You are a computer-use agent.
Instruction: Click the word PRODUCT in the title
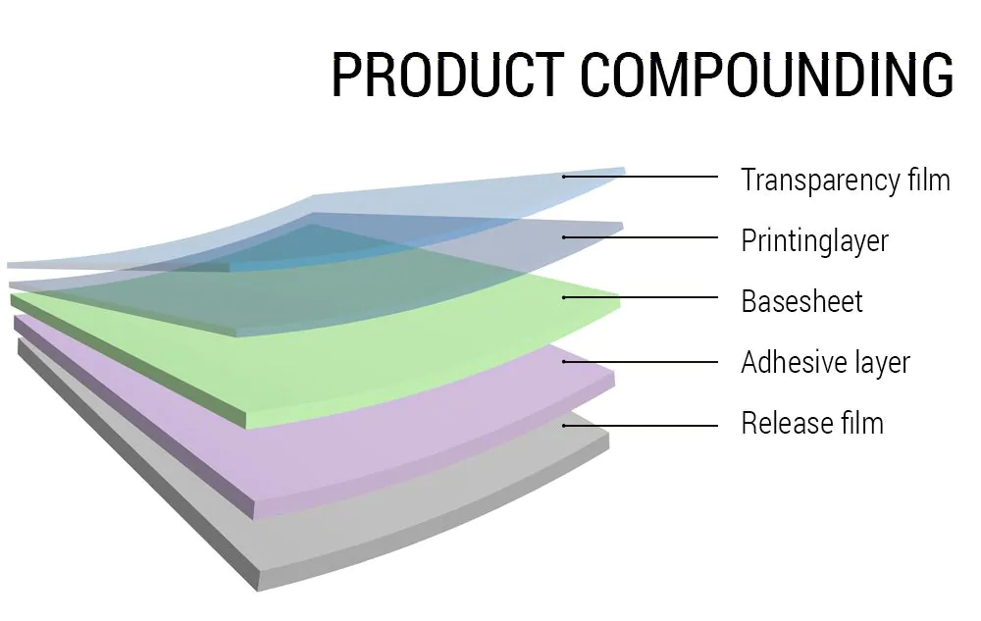tap(448, 75)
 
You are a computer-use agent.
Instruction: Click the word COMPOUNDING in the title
tap(767, 75)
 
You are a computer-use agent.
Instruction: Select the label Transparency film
tap(846, 181)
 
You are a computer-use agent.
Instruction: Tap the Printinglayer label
tap(814, 240)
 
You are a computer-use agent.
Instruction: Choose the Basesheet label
tap(802, 301)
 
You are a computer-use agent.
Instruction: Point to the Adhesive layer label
tap(825, 362)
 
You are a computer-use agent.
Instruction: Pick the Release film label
tap(812, 423)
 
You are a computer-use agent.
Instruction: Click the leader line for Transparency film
tap(640, 177)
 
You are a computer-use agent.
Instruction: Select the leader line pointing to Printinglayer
tap(640, 237)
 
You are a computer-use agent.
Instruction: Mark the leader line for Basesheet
tap(640, 297)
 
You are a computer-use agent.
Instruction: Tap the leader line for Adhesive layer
tap(640, 361)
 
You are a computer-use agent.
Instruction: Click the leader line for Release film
tap(640, 426)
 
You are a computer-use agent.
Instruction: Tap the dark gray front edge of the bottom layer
tap(137, 466)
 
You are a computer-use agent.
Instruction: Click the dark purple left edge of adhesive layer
tap(133, 416)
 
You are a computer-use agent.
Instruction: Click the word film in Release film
tap(862, 423)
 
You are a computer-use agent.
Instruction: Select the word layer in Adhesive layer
tap(882, 363)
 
